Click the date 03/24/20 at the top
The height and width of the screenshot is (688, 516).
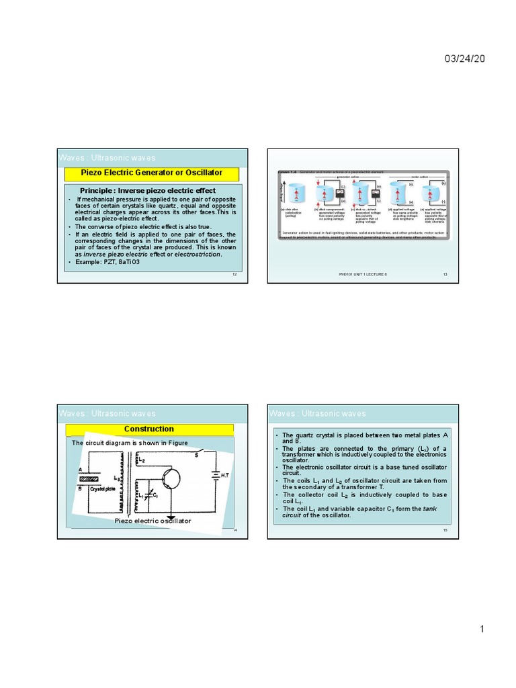[x=464, y=59]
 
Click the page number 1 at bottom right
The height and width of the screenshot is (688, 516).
[x=482, y=629]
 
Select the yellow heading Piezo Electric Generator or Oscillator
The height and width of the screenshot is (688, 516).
[x=152, y=173]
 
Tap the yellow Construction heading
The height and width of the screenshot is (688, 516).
[x=149, y=429]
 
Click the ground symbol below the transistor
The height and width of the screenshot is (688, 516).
[x=171, y=518]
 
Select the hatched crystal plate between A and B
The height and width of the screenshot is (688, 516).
[x=89, y=479]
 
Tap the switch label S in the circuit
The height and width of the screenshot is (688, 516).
[x=196, y=456]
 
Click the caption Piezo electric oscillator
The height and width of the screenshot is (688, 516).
[x=153, y=521]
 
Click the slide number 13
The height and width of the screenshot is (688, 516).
[x=445, y=275]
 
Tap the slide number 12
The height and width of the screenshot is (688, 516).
[x=234, y=275]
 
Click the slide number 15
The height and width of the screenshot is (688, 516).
[x=445, y=530]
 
